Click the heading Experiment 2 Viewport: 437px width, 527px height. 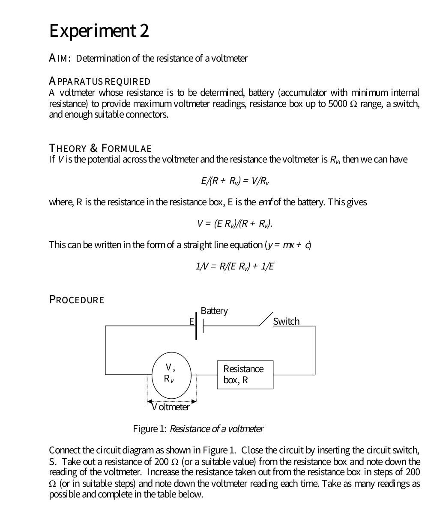click(99, 31)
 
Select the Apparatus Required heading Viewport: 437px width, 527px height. click(100, 81)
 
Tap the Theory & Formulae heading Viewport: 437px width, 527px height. click(101, 148)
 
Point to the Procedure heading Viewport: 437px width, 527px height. click(77, 299)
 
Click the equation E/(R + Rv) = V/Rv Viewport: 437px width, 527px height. click(235, 181)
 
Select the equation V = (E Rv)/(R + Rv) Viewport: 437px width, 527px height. click(235, 223)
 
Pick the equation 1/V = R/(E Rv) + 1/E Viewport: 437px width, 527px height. click(235, 266)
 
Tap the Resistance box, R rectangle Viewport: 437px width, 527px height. click(245, 375)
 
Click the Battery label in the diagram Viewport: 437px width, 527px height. click(214, 311)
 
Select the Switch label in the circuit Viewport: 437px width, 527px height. click(286, 321)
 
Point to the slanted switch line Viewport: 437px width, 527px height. click(266, 320)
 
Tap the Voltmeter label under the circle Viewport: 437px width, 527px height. click(171, 407)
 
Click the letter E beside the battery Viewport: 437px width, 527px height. click(192, 321)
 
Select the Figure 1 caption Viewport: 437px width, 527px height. click(198, 429)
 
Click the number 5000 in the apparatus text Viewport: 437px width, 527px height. click(337, 104)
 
